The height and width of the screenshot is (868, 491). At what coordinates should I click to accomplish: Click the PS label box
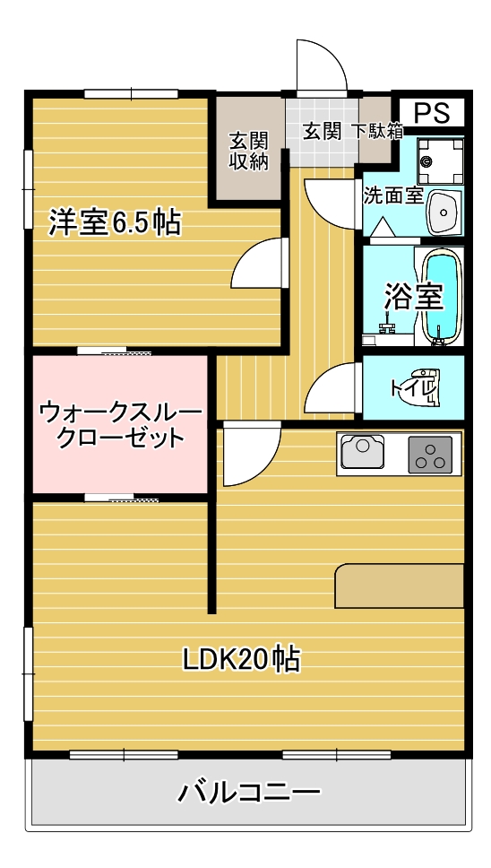point(431,113)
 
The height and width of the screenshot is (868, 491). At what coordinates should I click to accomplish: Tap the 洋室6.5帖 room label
point(114,221)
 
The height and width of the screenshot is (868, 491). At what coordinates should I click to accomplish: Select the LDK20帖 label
point(241,660)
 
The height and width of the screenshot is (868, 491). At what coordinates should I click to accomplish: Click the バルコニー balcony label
point(249,792)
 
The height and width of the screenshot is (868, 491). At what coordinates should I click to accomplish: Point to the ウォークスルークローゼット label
point(120,425)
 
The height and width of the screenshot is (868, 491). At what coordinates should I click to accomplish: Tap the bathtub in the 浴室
point(440,296)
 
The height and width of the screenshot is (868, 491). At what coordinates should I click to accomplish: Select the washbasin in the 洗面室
point(443,212)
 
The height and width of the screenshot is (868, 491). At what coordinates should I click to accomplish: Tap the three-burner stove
point(431,454)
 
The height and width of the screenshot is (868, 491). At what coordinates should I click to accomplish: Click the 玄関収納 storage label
point(248,151)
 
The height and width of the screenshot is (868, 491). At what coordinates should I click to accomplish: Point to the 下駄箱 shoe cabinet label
point(375,131)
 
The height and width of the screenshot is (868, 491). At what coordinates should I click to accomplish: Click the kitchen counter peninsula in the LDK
point(400,586)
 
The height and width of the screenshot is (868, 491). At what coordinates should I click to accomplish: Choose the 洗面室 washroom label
point(392,195)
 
